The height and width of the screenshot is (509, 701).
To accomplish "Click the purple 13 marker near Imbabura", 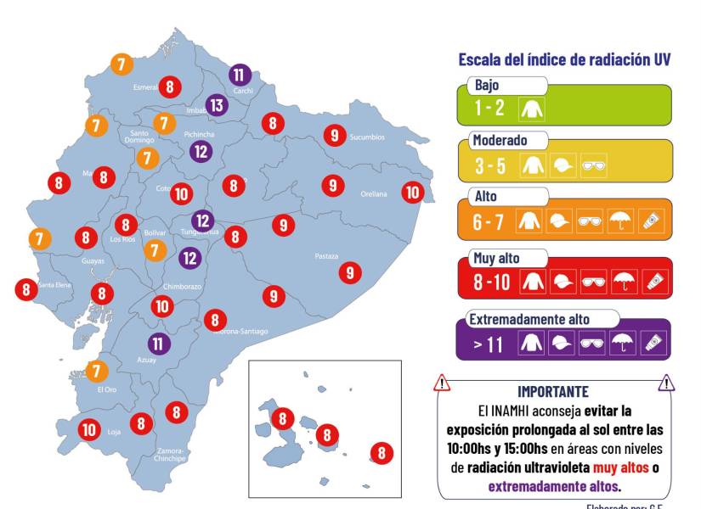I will coord(218,105).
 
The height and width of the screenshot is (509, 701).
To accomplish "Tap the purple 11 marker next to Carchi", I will coord(240,74).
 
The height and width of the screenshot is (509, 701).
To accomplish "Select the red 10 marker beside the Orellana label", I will coord(412,193).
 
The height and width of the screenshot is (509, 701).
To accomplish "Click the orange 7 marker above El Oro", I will coord(97,371).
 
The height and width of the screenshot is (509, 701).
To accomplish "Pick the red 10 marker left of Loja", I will coord(89,429).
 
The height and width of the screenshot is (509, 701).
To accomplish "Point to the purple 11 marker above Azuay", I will coord(158,344).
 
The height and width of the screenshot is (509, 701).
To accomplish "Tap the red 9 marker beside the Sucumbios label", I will coord(334,135).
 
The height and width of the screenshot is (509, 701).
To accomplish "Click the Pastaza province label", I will coord(326,256).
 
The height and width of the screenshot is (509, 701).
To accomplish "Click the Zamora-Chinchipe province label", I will coord(171,454).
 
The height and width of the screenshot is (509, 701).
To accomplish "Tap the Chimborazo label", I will coord(182,287).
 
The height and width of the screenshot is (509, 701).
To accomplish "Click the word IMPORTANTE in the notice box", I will coord(552,391).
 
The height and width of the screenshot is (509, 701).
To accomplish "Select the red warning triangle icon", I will coord(442,383).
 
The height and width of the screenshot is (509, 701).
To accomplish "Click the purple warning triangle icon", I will coord(666,383).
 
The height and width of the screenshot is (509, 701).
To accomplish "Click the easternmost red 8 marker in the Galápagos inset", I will coord(382,453).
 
